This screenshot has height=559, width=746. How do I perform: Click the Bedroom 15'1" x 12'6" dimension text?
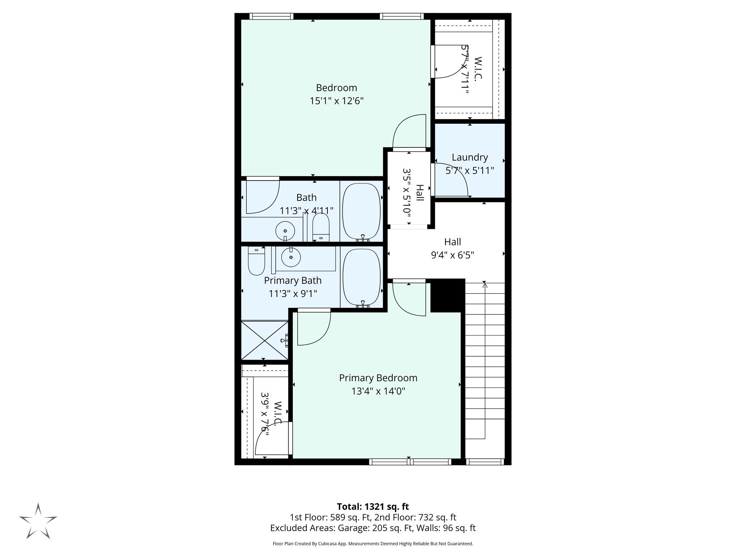tap(337, 101)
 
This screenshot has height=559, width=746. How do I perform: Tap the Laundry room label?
tap(470, 157)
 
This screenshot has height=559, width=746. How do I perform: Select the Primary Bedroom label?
tap(378, 378)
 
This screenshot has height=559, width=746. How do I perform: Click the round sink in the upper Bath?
tap(285, 231)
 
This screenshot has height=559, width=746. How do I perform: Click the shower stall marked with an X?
tap(265, 340)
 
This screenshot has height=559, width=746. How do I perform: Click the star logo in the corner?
tap(38, 521)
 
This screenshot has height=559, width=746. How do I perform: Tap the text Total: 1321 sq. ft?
tap(373, 507)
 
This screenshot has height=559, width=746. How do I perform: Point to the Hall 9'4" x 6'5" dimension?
tap(452, 255)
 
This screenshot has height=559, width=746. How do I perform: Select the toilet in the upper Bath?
tap(321, 227)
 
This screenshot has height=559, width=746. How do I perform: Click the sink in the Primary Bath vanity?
tap(291, 257)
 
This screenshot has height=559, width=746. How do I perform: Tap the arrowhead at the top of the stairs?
tap(484, 285)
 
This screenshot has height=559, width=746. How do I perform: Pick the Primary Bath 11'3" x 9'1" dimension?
tap(292, 293)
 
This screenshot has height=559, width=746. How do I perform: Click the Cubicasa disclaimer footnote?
tap(373, 544)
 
